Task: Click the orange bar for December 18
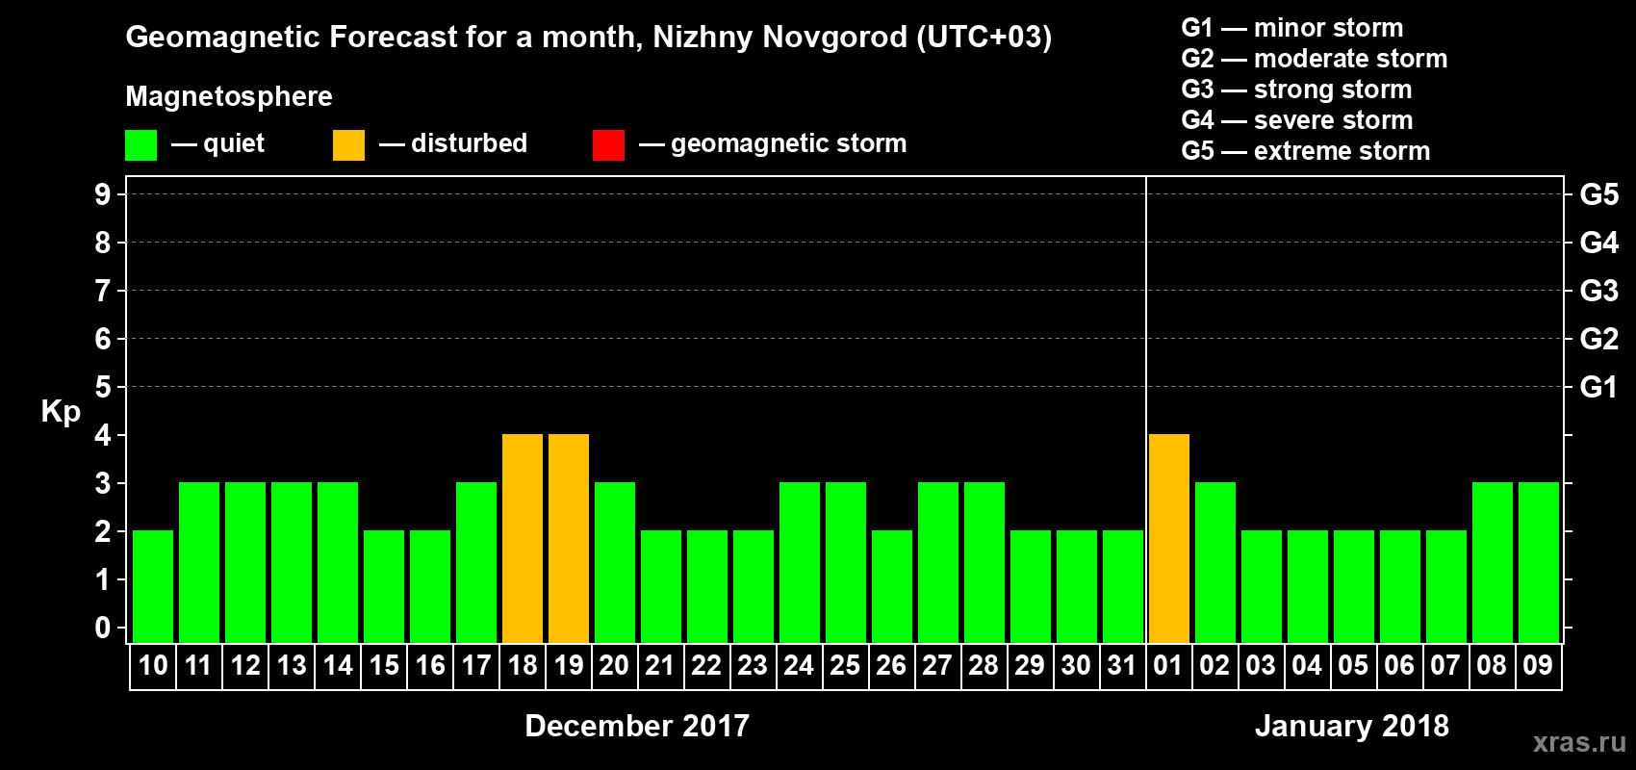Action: [523, 538]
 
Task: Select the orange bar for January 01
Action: [1169, 538]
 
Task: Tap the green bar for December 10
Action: [153, 586]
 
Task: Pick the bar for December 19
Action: [569, 538]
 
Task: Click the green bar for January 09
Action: [1539, 562]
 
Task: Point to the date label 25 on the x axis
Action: [845, 666]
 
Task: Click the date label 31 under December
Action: [1122, 666]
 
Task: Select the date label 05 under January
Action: [1353, 666]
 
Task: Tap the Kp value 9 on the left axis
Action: [103, 194]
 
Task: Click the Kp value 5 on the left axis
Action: [103, 387]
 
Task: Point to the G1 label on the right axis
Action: [1598, 387]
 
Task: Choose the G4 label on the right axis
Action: [1598, 243]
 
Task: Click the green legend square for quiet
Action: [141, 145]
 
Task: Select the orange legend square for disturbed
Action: [349, 145]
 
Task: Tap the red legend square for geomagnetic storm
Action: [608, 145]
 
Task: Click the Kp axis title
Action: [61, 412]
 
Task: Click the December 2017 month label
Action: [637, 726]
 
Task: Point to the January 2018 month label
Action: [1352, 726]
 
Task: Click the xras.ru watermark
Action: [1579, 742]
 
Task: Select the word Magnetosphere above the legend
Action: [229, 96]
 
